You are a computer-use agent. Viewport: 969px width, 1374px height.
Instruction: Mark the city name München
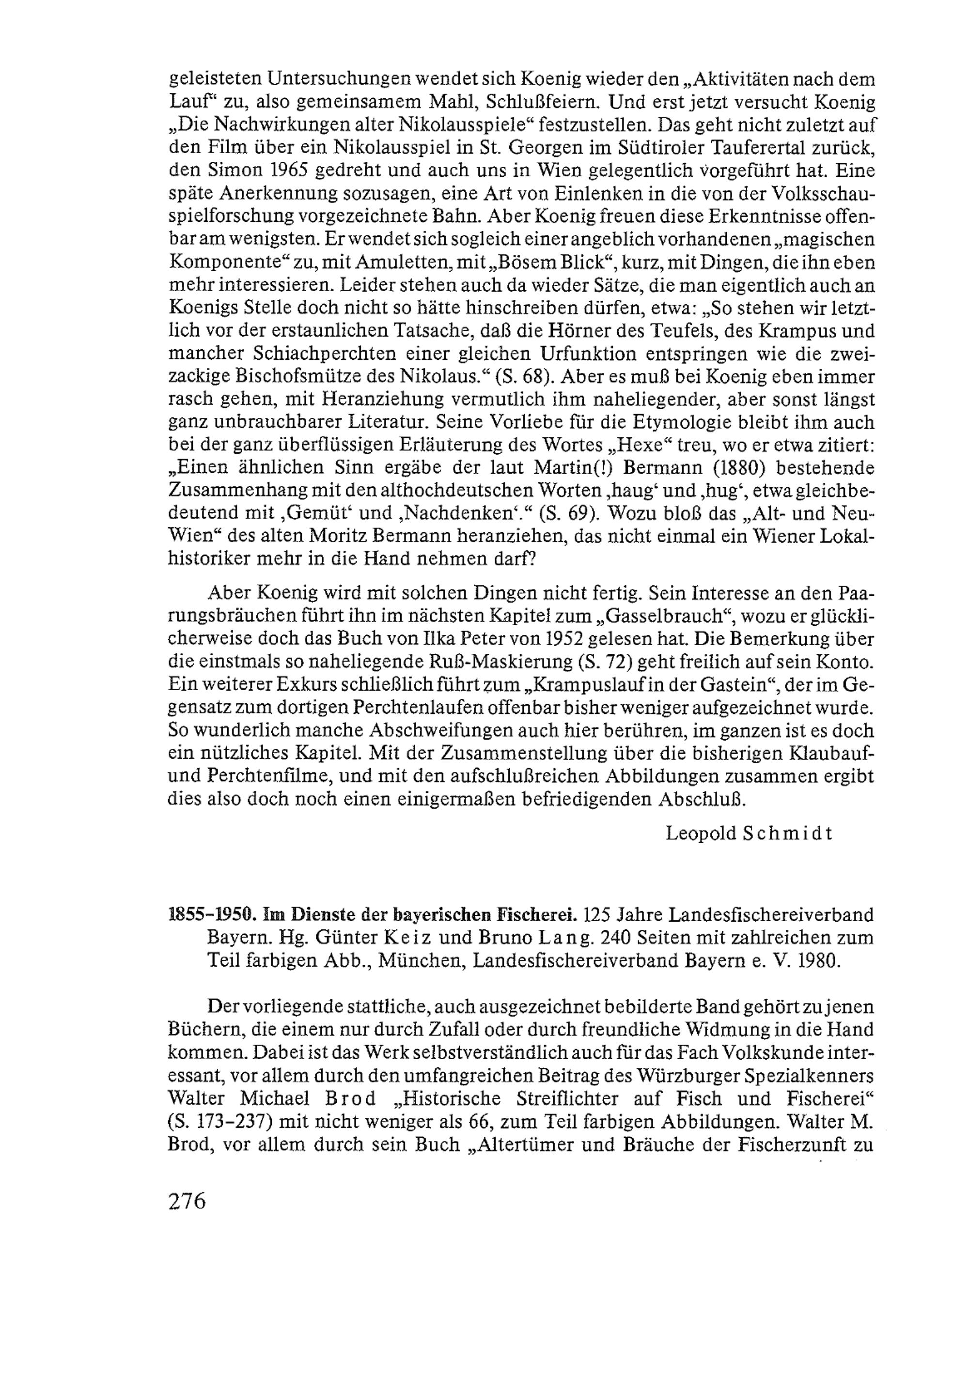click(422, 960)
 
